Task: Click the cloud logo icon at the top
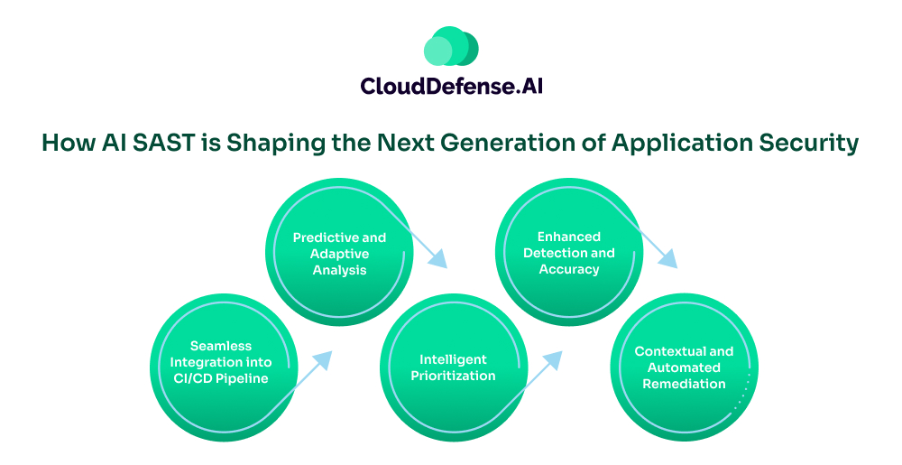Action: click(x=450, y=46)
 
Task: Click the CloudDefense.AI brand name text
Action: click(x=451, y=86)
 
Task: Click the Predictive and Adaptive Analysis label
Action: click(x=339, y=254)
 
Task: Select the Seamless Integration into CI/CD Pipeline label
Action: click(x=221, y=362)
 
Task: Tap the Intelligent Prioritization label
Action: click(x=453, y=367)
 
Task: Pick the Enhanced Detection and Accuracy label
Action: click(x=568, y=253)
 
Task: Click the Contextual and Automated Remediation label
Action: click(x=684, y=367)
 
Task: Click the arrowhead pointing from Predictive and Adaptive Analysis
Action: click(x=437, y=260)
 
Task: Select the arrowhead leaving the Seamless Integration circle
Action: click(x=322, y=358)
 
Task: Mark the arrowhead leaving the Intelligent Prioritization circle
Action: click(x=553, y=358)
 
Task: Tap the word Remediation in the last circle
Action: click(x=684, y=384)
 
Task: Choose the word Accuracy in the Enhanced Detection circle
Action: click(x=569, y=269)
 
